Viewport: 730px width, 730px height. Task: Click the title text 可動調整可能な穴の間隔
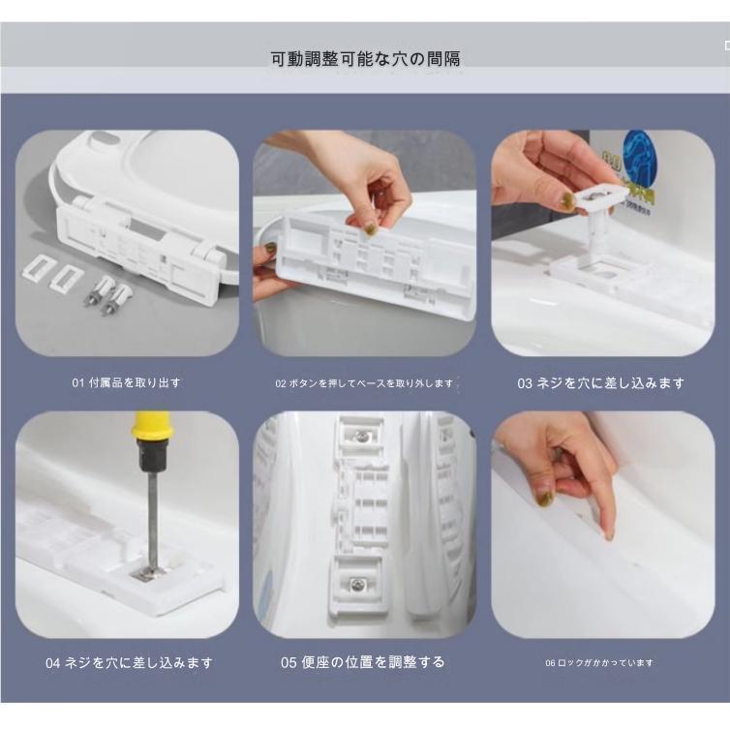365,59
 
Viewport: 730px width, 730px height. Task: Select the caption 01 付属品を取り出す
126,382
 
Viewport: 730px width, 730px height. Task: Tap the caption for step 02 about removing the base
364,383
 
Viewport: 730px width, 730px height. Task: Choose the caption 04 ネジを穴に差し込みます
128,663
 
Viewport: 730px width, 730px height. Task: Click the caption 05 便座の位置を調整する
363,662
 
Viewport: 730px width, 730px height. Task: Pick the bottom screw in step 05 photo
357,585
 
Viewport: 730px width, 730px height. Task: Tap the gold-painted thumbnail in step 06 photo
546,498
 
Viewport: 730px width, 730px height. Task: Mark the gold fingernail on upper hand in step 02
370,228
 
